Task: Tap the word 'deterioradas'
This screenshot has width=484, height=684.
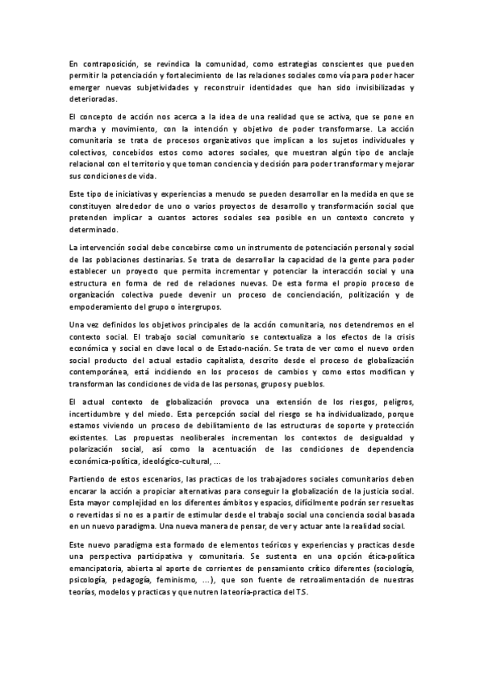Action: click(93, 100)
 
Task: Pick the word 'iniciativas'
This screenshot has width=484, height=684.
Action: click(124, 194)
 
